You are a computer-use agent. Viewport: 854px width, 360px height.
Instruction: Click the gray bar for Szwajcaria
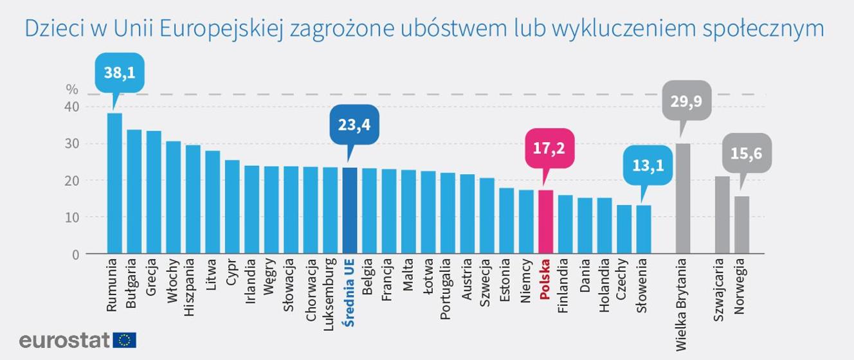coord(722,215)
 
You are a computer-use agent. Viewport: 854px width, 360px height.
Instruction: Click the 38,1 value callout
coord(120,74)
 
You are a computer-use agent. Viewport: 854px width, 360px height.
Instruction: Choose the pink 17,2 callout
coord(549,147)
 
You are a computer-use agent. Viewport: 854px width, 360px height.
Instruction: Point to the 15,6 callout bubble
coord(747,152)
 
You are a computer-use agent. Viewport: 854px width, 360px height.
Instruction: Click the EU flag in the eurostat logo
coord(124,340)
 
